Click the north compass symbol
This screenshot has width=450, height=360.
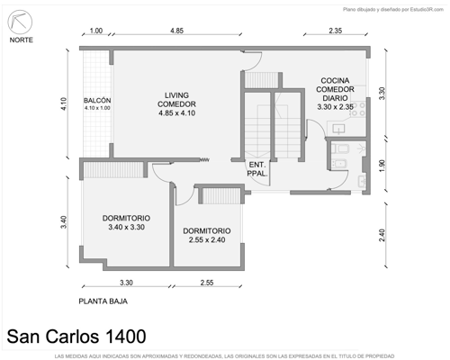point(20,22)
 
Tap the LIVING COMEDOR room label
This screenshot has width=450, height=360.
point(176,104)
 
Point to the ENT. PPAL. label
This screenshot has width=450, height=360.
point(257,169)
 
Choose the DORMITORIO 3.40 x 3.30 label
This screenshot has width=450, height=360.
point(126,222)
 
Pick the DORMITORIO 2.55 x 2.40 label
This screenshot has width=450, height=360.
point(207,235)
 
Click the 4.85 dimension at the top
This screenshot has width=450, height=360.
point(176,31)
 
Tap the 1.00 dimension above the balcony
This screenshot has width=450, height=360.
point(96,31)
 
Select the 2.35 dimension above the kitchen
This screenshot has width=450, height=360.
point(336,31)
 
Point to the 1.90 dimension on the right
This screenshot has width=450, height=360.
point(382,166)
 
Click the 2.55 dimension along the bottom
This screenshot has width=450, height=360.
point(207,283)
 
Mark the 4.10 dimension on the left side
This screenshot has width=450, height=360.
point(64,103)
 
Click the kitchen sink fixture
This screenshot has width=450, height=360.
point(339,129)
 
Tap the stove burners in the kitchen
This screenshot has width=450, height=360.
point(358,109)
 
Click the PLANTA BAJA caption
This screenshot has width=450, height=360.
point(103,301)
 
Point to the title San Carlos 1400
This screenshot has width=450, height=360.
point(76,337)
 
